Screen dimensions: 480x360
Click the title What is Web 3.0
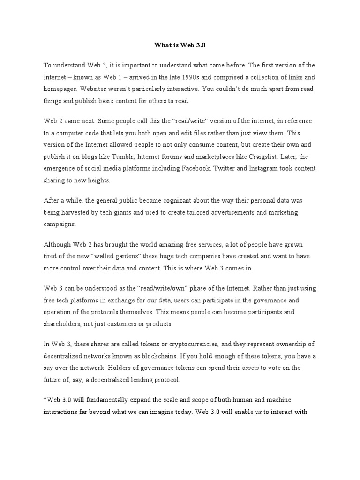180,45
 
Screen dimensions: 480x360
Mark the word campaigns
60,224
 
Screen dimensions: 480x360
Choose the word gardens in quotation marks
157,256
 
